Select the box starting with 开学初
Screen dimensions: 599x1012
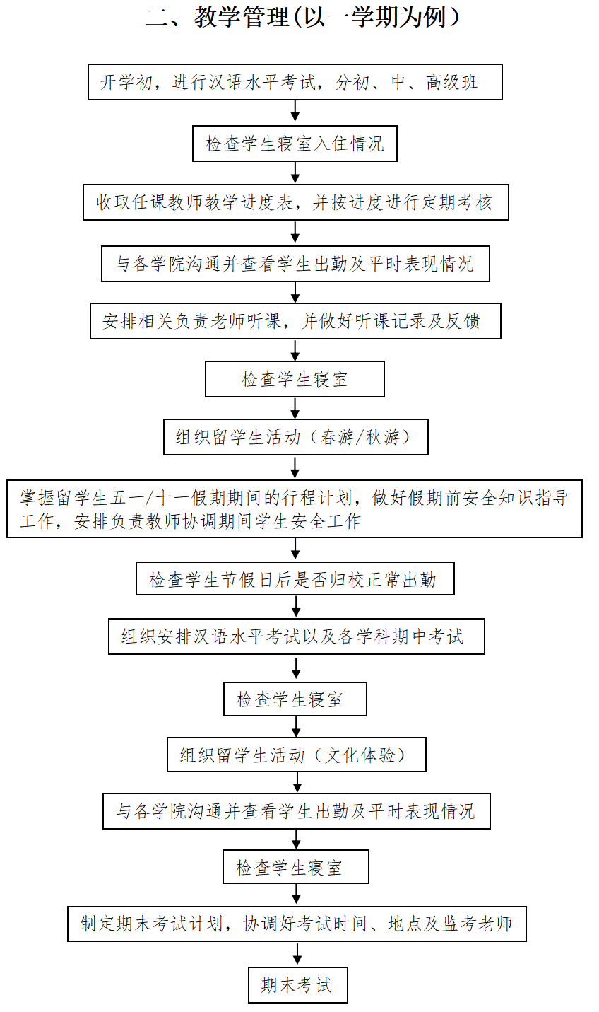click(295, 82)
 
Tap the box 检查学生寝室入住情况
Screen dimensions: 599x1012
click(295, 144)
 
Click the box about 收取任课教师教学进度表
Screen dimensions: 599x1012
click(296, 202)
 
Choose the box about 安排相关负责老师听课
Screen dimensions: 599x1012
click(296, 321)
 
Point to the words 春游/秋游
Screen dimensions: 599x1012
click(360, 437)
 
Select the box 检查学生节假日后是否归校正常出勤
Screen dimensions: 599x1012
click(295, 578)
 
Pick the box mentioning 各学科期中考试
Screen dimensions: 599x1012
click(297, 636)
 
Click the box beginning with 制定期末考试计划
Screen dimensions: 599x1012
click(297, 924)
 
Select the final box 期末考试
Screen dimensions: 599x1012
click(298, 985)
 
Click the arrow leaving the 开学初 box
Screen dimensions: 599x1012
click(295, 111)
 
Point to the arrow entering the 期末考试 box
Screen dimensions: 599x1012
click(297, 953)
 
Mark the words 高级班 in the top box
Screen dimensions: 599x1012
click(452, 82)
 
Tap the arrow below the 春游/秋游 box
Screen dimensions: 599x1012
click(295, 467)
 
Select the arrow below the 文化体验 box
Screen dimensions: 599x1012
click(297, 782)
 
